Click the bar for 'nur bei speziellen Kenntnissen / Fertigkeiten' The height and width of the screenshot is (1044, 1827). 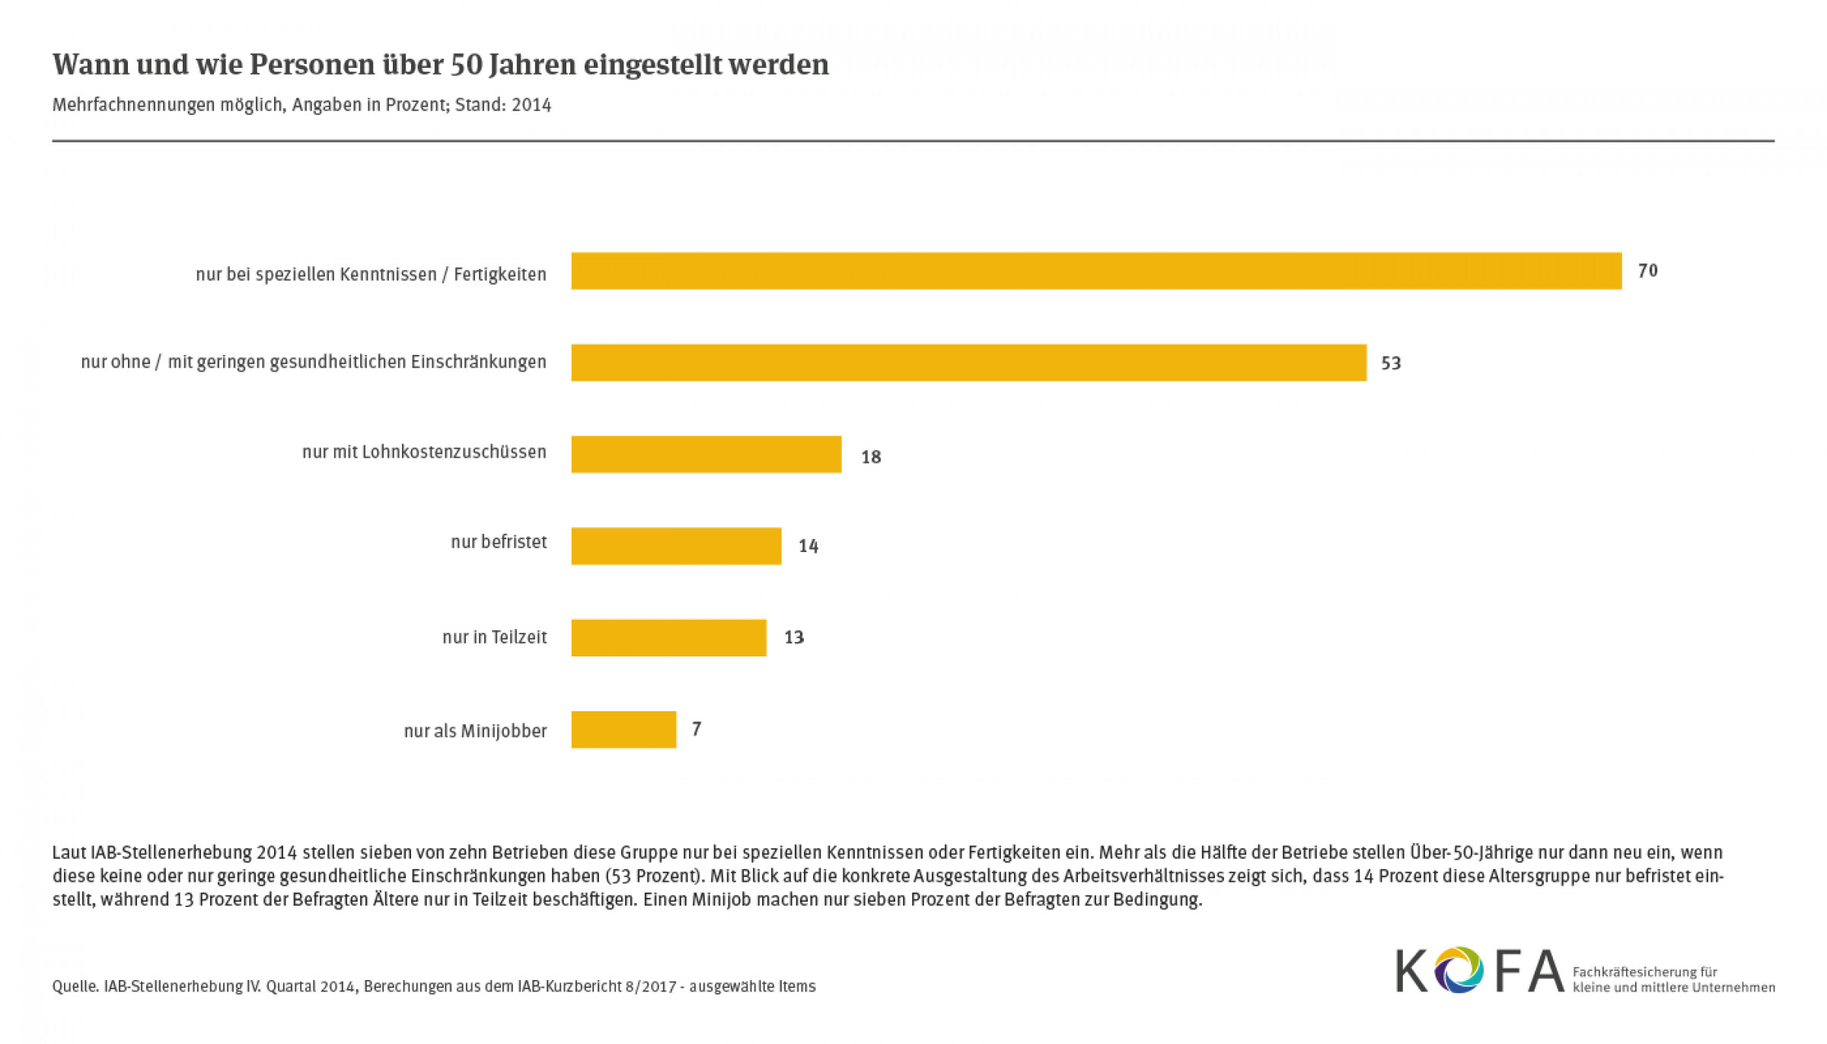tap(1096, 271)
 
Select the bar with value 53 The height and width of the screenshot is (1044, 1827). tap(968, 362)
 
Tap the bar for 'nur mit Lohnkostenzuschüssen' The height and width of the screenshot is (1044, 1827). tap(706, 455)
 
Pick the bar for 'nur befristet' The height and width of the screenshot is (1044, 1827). tap(676, 546)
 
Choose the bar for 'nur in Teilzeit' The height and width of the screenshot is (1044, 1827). tap(668, 637)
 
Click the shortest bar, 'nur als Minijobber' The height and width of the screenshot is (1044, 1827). tap(623, 730)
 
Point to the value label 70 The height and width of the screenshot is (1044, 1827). tap(1647, 271)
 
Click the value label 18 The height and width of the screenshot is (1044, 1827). tap(871, 457)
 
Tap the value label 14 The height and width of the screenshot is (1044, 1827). tap(808, 546)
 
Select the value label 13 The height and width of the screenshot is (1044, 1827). tap(794, 637)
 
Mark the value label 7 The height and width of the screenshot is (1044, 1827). tap(696, 729)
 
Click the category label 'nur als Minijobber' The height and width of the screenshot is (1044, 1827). tap(475, 731)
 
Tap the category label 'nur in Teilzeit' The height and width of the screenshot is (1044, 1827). tap(494, 637)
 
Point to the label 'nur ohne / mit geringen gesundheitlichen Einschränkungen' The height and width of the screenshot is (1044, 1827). tap(314, 362)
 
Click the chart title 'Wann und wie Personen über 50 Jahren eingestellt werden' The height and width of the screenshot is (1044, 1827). tap(440, 65)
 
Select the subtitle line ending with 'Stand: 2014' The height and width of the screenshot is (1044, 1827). tap(301, 105)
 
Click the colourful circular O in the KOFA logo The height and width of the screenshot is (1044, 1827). tap(1459, 970)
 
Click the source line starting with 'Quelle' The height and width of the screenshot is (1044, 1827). tap(434, 986)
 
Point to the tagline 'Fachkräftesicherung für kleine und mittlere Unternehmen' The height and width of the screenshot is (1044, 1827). tap(1673, 979)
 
